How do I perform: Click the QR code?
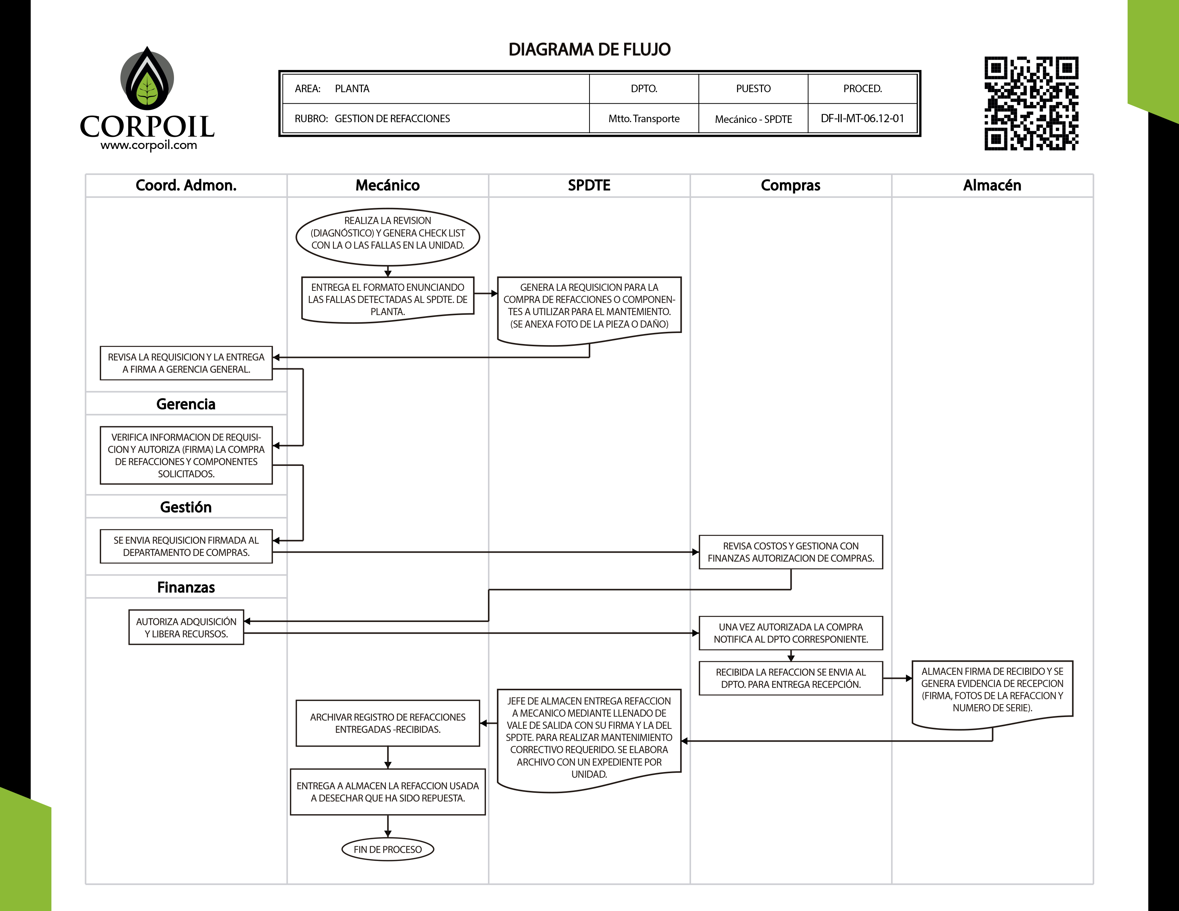tap(1031, 103)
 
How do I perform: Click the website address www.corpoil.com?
tap(149, 145)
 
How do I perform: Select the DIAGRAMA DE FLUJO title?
tap(589, 50)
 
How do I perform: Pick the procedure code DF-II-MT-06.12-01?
tap(862, 119)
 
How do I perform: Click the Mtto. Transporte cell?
tap(643, 119)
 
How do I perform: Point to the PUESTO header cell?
tap(753, 89)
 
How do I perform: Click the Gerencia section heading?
tap(186, 404)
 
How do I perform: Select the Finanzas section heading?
tap(186, 587)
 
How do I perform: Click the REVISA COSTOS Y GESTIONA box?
tap(790, 552)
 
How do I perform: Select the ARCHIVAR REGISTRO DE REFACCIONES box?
tap(388, 723)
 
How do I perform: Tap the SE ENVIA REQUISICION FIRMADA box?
tap(186, 546)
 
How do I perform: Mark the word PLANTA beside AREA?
tap(352, 89)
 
